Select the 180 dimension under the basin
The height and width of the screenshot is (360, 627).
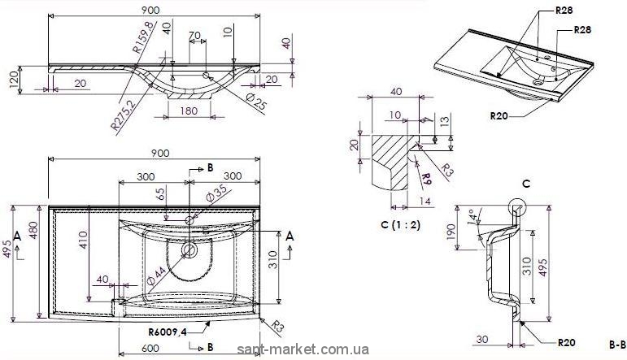pos(189,111)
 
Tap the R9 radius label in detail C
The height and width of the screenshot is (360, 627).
pos(426,175)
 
